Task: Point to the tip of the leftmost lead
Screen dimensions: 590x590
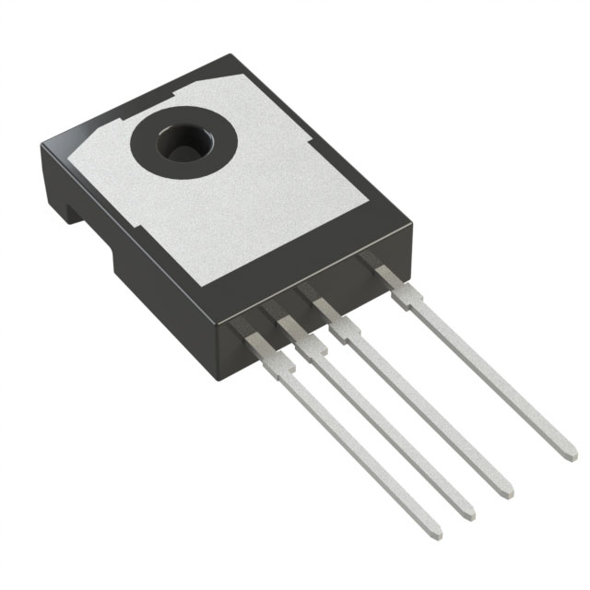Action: [435, 535]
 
